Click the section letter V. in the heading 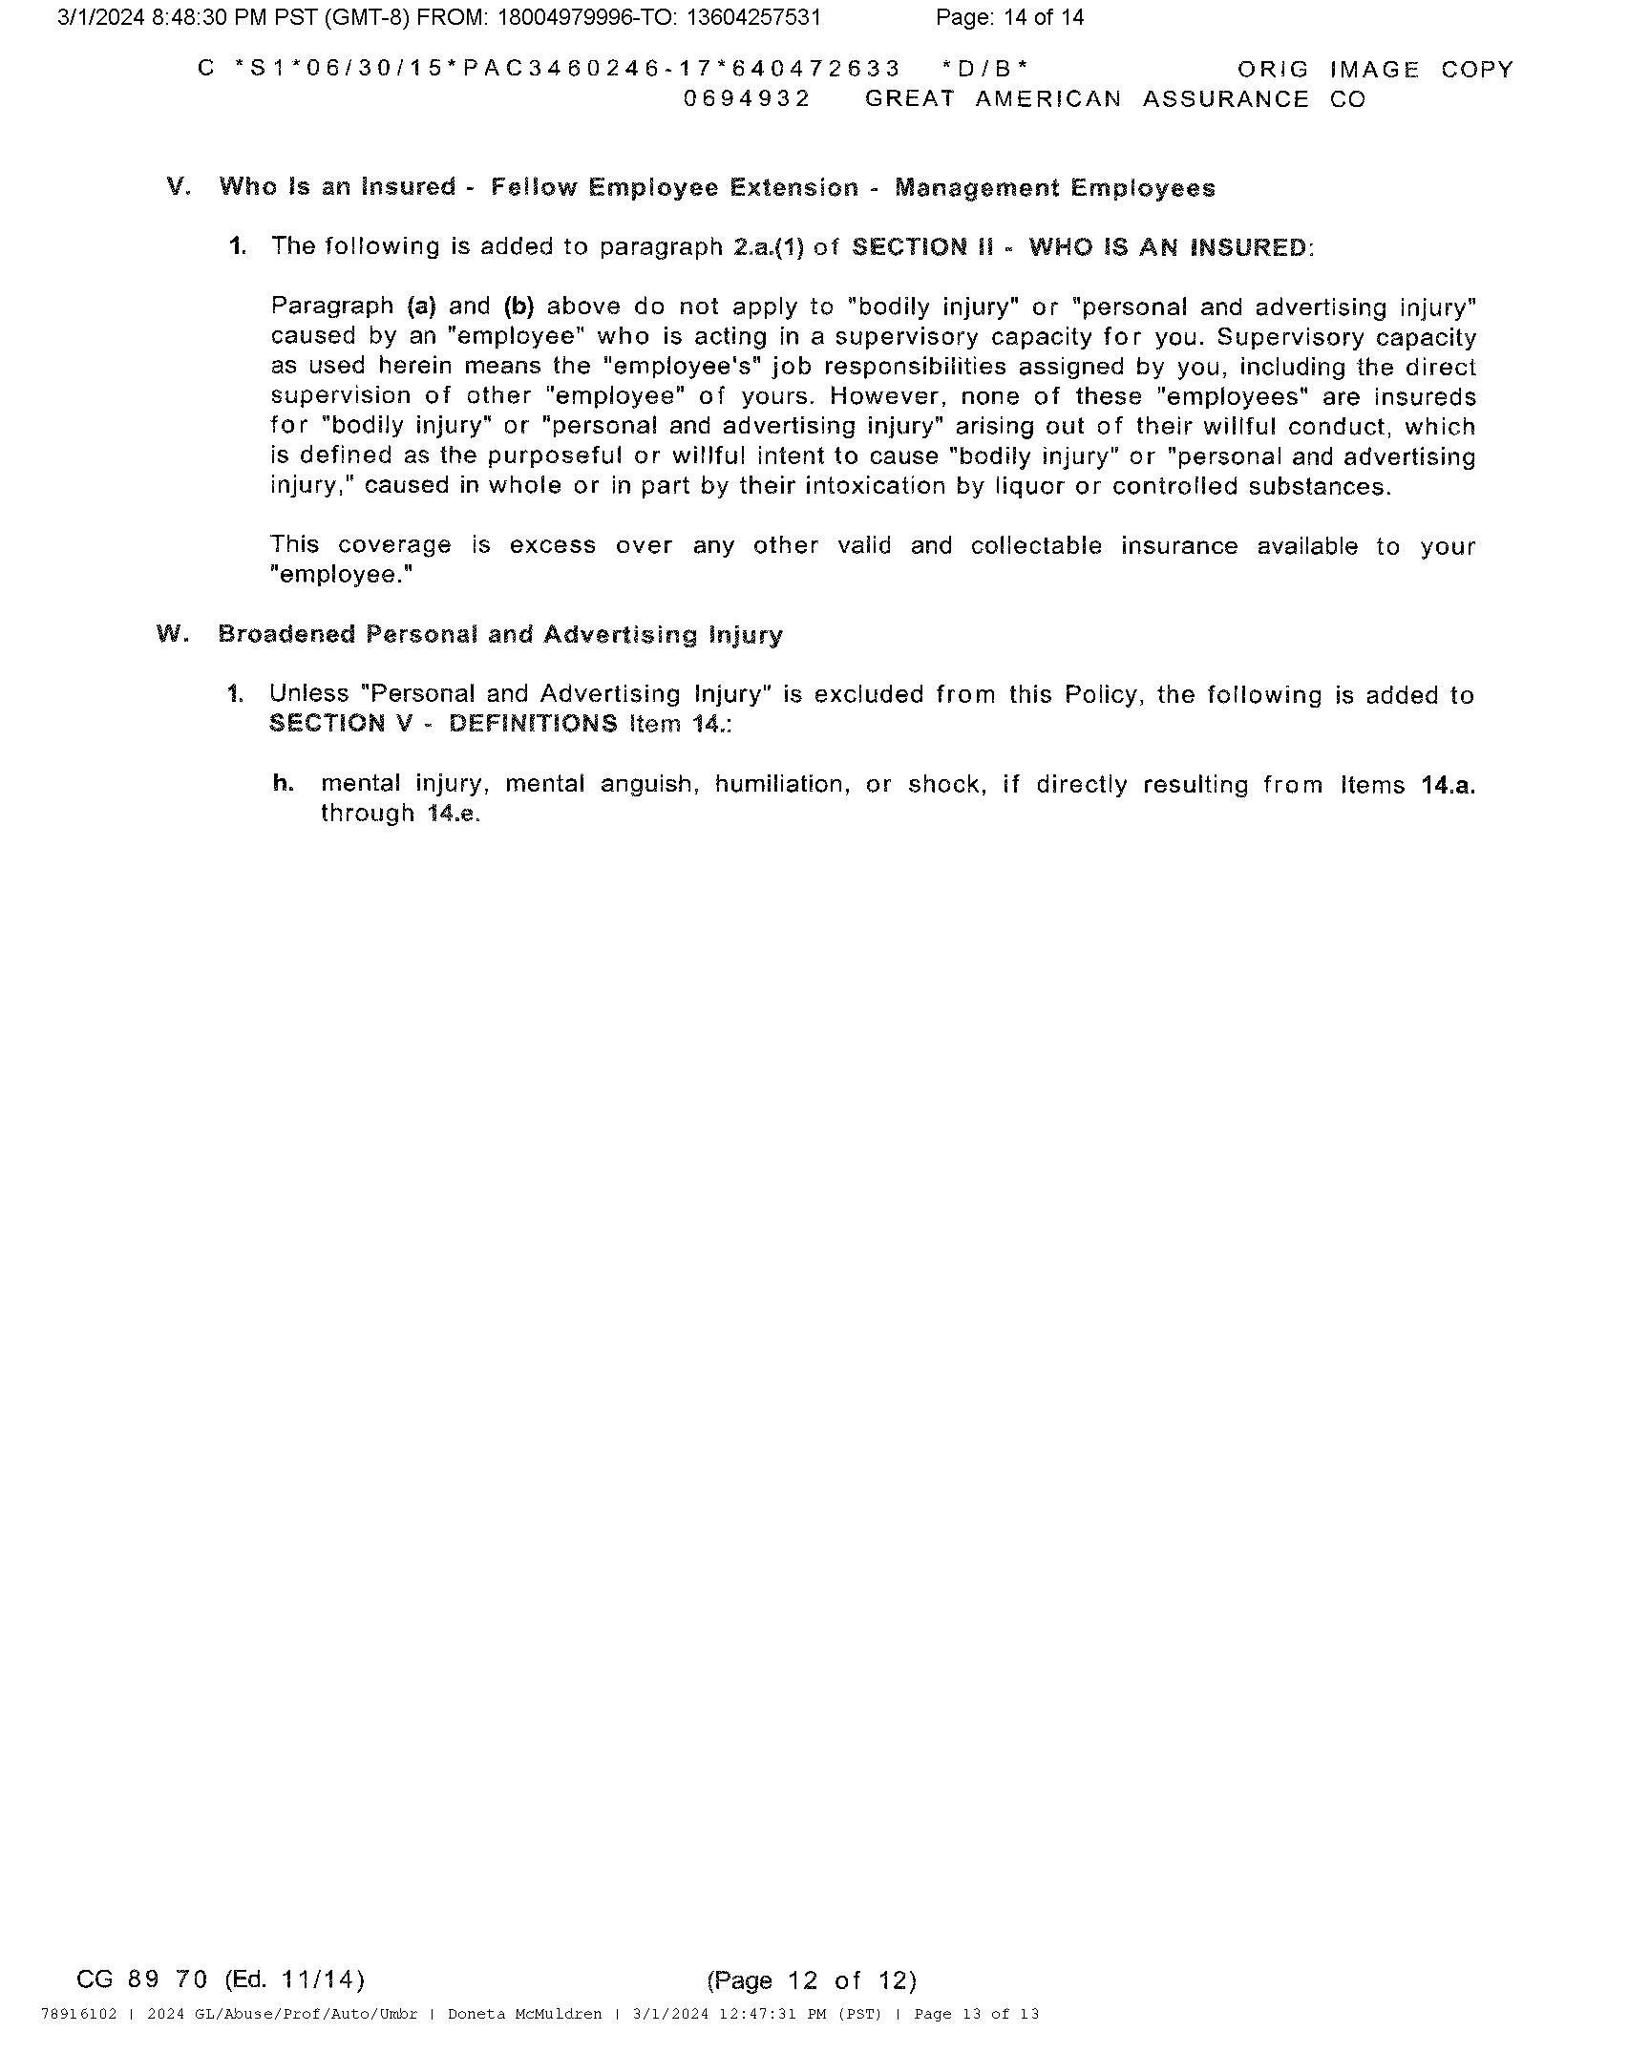pyautogui.click(x=179, y=186)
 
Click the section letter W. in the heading pyautogui.click(x=172, y=634)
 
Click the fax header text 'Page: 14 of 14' pyautogui.click(x=1009, y=17)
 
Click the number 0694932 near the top pyautogui.click(x=747, y=99)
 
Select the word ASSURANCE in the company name pyautogui.click(x=1225, y=99)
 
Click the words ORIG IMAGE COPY pyautogui.click(x=1375, y=70)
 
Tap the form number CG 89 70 pyautogui.click(x=141, y=1979)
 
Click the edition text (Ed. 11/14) pyautogui.click(x=294, y=1979)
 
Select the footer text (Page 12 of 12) pyautogui.click(x=811, y=1979)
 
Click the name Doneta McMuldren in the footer pyautogui.click(x=524, y=2014)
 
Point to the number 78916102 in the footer pyautogui.click(x=78, y=2014)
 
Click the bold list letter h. pyautogui.click(x=283, y=784)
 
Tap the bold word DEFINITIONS pyautogui.click(x=533, y=724)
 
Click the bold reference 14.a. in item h pyautogui.click(x=1448, y=785)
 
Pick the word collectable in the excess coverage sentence pyautogui.click(x=1036, y=545)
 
